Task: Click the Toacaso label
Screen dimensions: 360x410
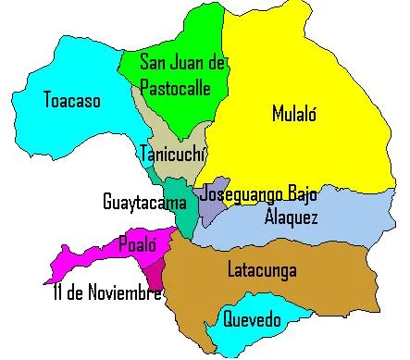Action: tap(71, 99)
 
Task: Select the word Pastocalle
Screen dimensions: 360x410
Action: tap(174, 89)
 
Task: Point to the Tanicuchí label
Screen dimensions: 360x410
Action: tap(172, 154)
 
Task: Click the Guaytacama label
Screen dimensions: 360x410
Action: tap(139, 200)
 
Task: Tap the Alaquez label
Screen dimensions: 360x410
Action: tap(292, 218)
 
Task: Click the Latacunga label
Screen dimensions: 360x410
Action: tap(262, 270)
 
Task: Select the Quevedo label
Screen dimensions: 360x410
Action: tap(251, 320)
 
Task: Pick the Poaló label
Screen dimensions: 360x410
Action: tap(136, 245)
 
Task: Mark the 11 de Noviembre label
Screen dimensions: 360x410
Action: tap(107, 293)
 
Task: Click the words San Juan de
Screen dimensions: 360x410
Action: tap(182, 63)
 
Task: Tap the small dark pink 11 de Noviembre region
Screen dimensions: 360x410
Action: tap(156, 273)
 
